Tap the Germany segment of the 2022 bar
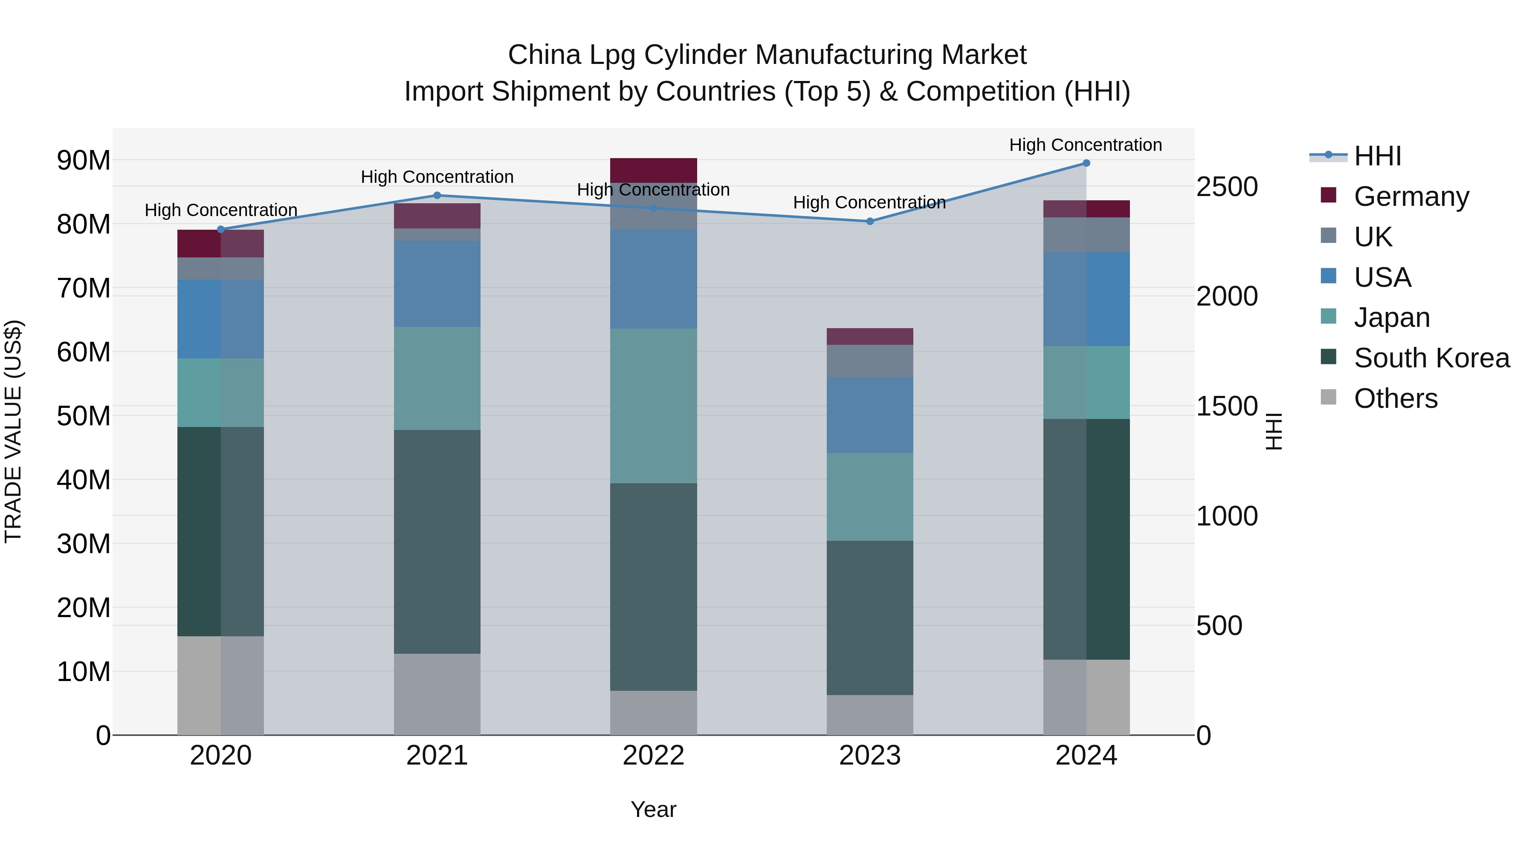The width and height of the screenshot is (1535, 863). (653, 170)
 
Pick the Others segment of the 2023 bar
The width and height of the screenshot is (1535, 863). (869, 715)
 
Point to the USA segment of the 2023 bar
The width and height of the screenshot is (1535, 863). (869, 415)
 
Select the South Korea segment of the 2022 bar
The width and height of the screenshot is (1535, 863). (653, 587)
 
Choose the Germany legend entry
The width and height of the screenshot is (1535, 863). (1411, 196)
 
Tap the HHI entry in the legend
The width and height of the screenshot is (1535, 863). (1377, 156)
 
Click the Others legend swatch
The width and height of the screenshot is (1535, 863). (1329, 397)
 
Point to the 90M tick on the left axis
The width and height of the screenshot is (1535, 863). (84, 160)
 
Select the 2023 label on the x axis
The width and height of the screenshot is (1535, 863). (869, 756)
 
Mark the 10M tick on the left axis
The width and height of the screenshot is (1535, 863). (84, 672)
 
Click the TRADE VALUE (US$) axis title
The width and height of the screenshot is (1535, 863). (13, 431)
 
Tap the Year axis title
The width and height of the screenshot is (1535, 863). (653, 809)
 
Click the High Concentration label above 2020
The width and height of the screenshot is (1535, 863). (221, 210)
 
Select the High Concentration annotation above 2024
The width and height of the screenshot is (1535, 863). (1085, 145)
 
